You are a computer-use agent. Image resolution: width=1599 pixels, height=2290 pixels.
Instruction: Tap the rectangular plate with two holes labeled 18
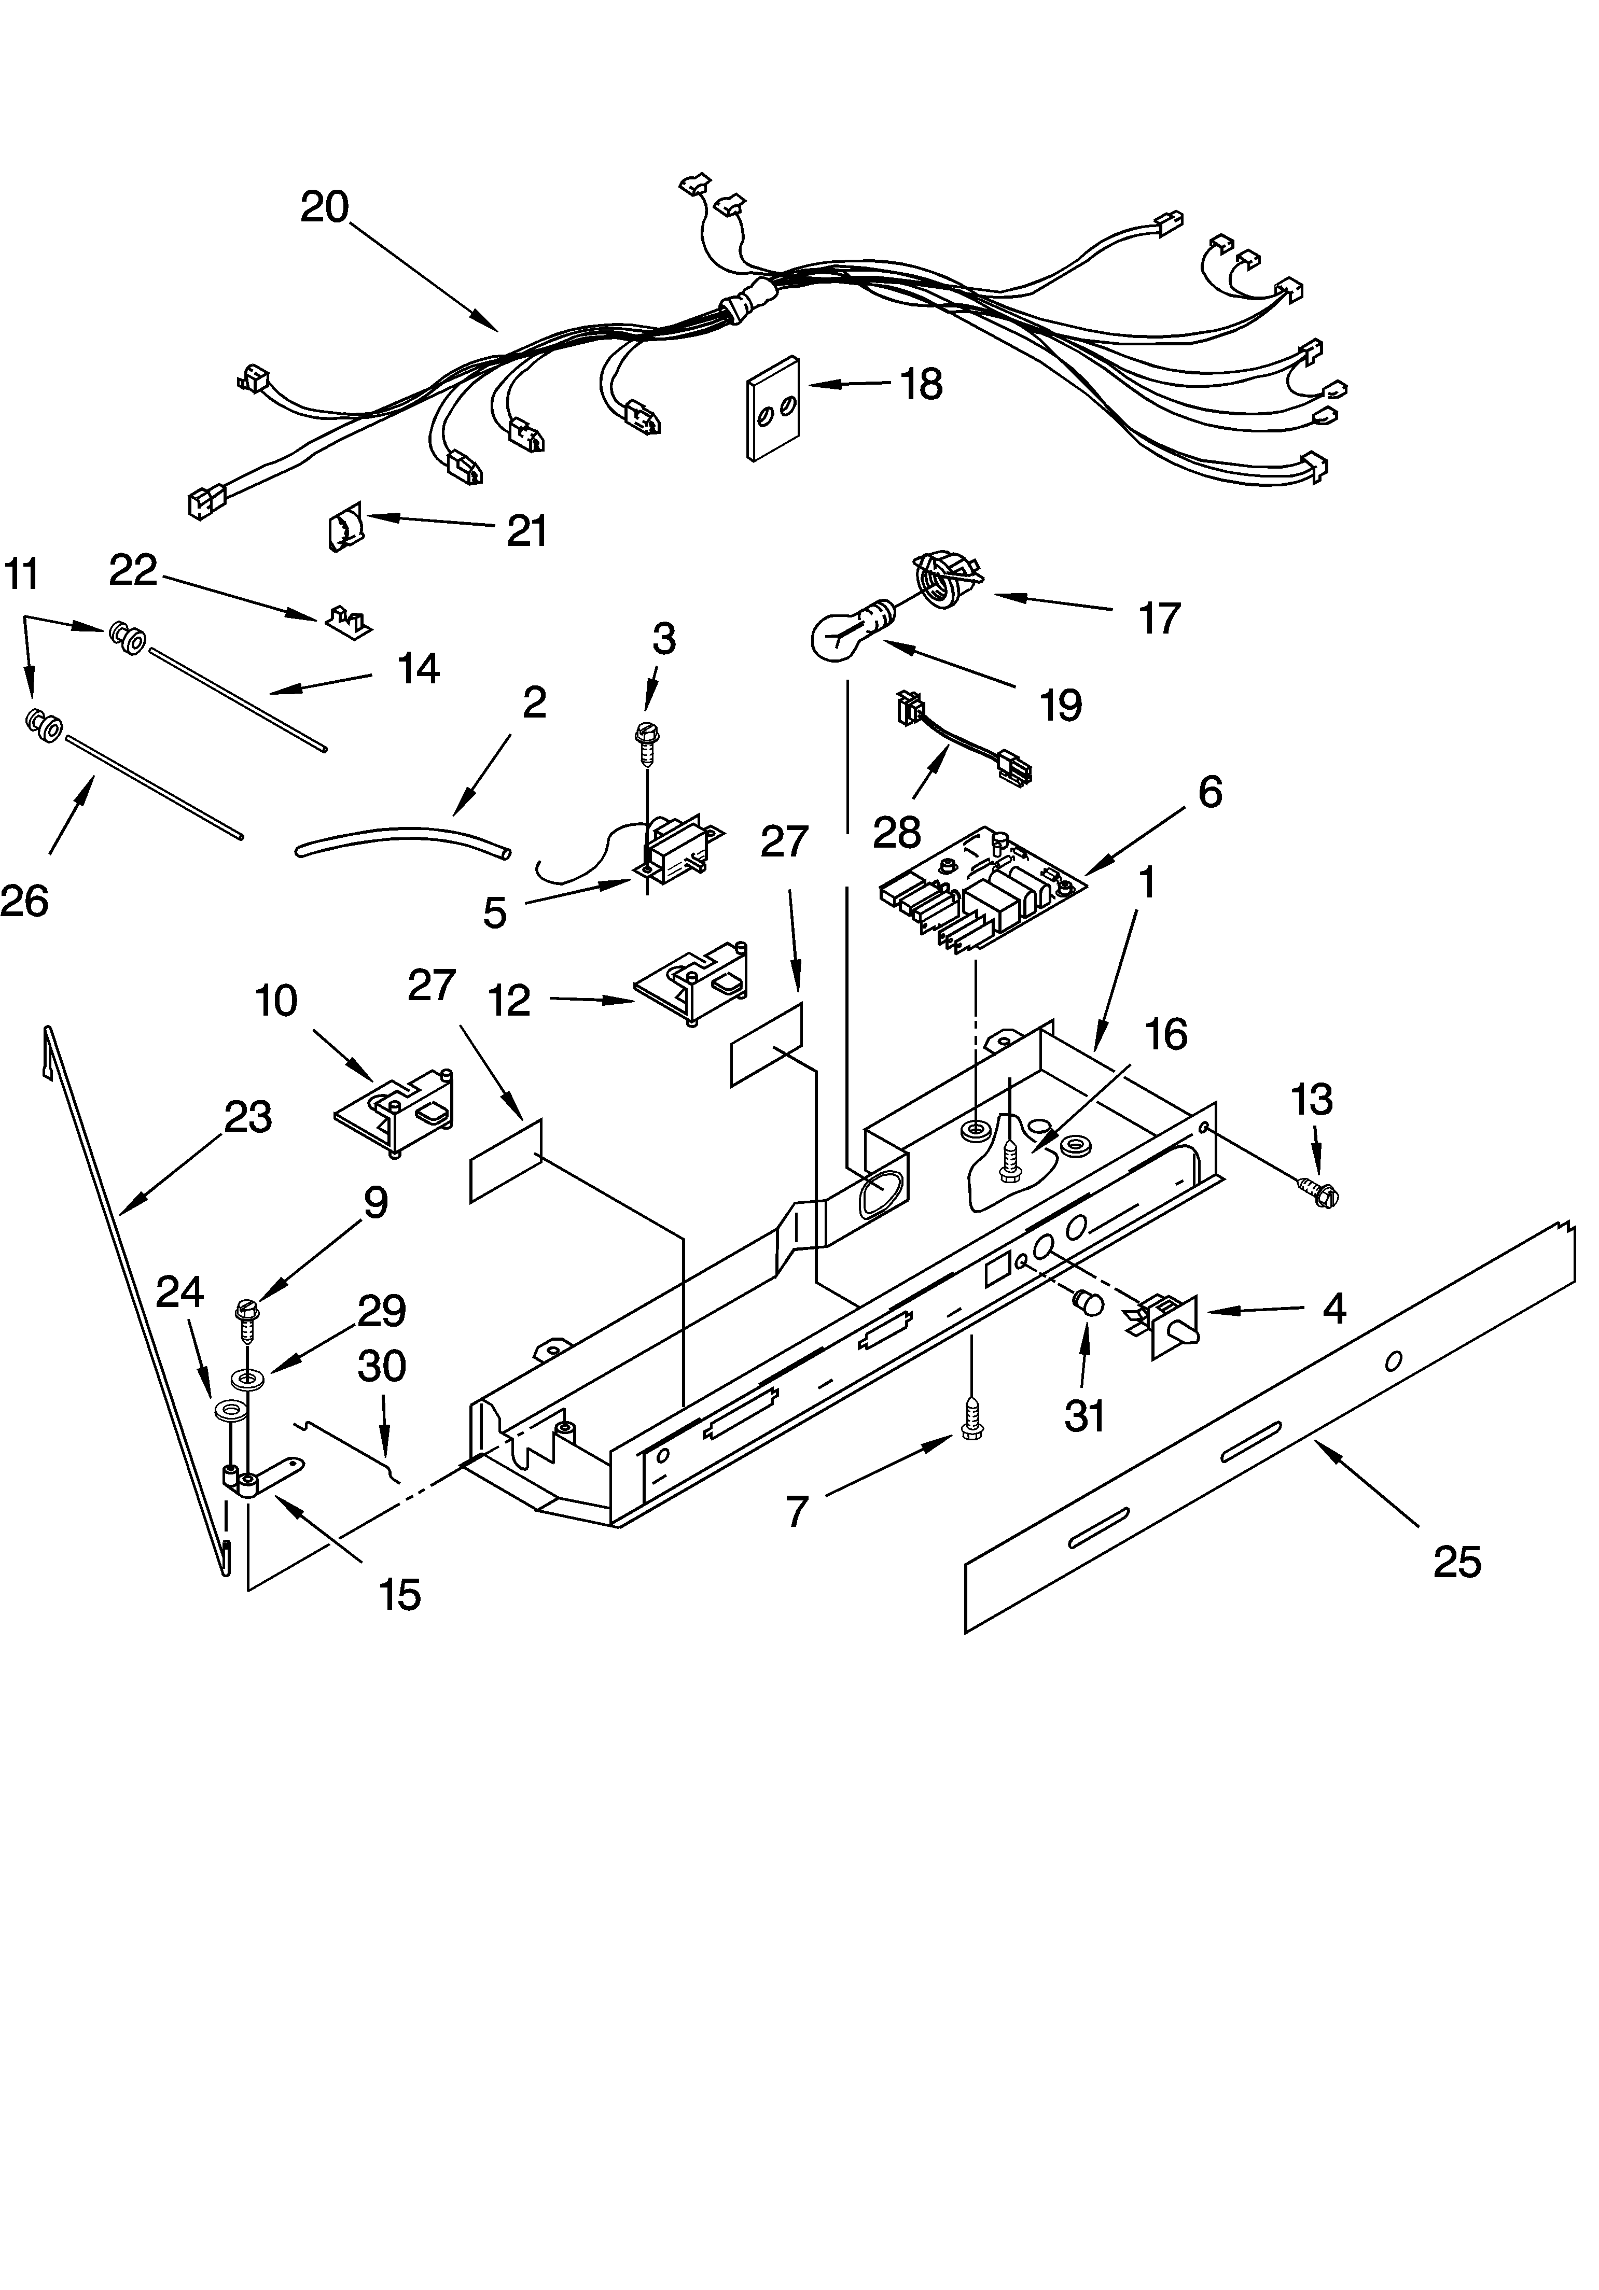[x=774, y=408]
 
